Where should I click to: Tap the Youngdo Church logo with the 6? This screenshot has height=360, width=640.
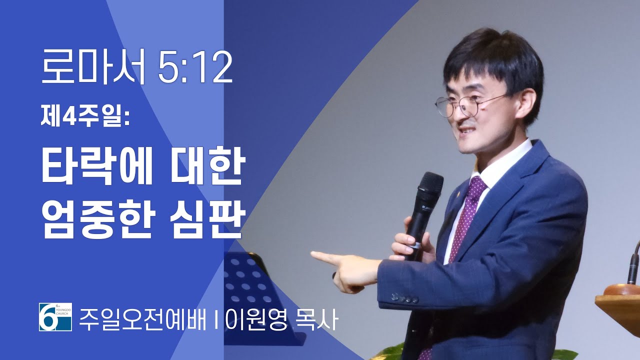pyautogui.click(x=55, y=317)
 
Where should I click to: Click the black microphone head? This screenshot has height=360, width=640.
pyautogui.click(x=429, y=186)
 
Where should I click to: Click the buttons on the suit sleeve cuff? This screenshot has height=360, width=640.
pyautogui.click(x=405, y=298)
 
